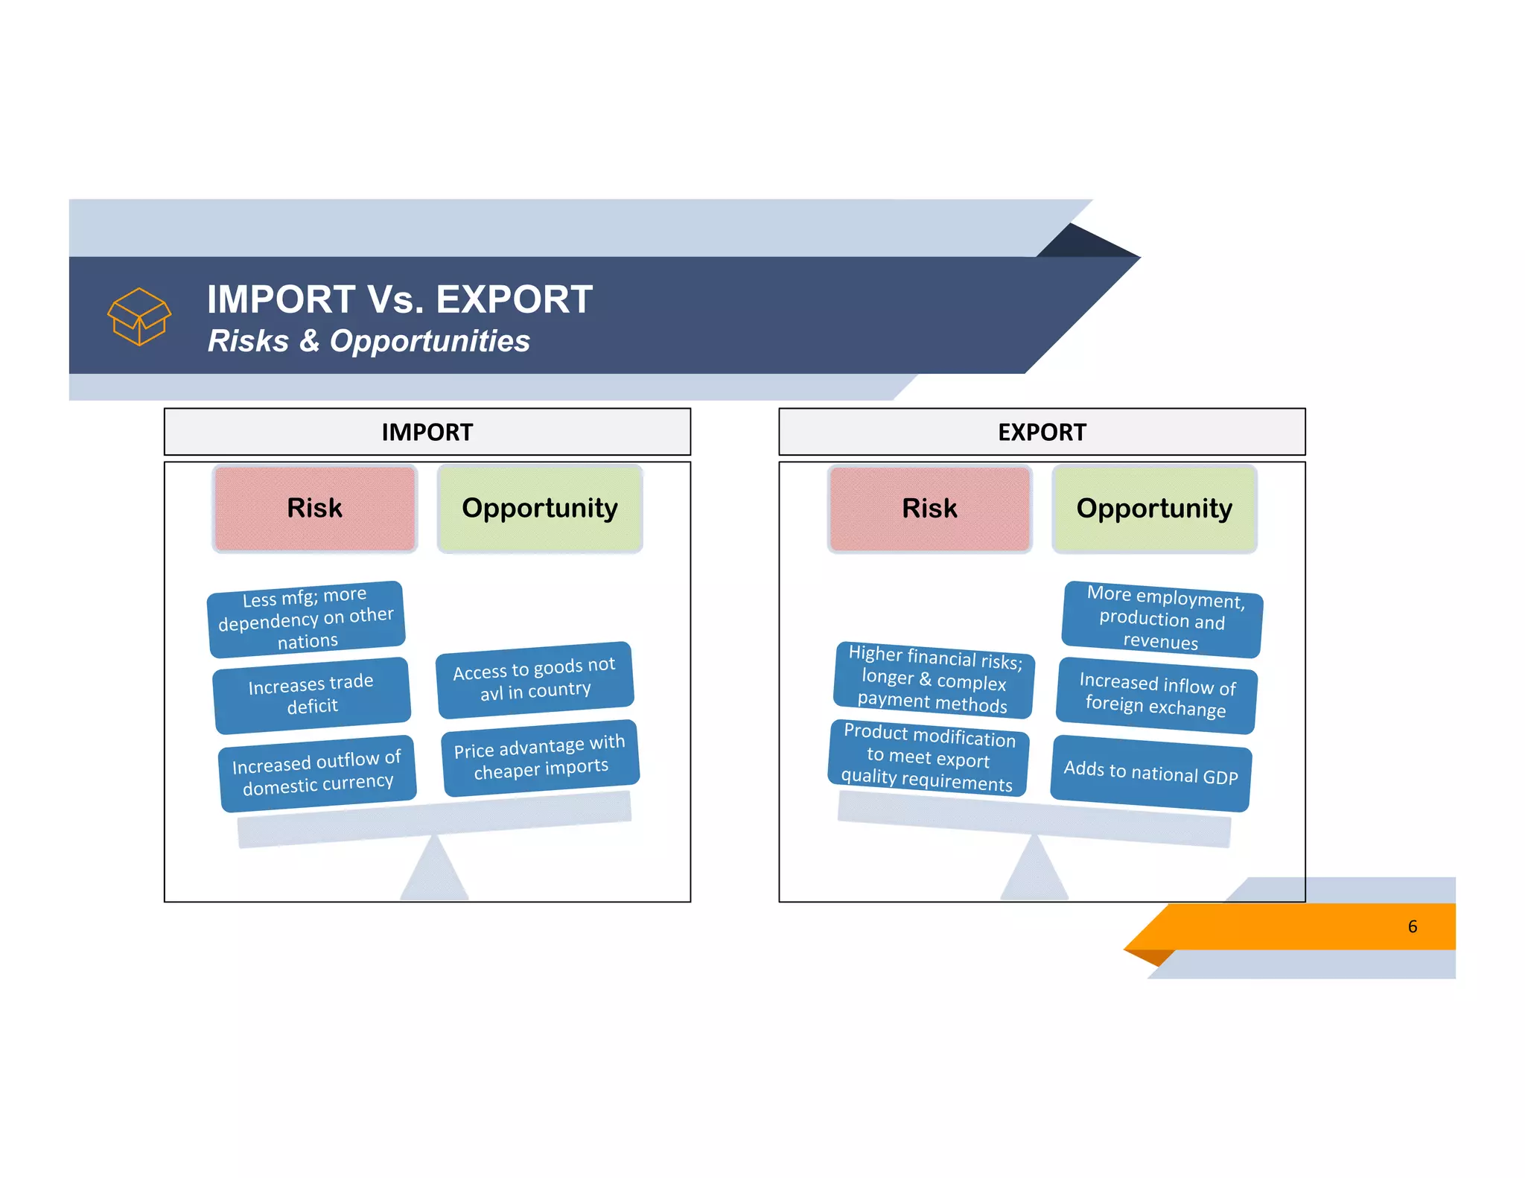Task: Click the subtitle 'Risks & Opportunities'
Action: [369, 341]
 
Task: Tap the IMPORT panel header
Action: [427, 432]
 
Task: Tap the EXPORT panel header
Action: [1041, 432]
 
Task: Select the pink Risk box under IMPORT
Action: [314, 509]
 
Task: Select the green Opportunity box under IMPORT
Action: [540, 509]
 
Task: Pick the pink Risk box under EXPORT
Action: [929, 509]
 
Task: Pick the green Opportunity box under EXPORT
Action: [1154, 509]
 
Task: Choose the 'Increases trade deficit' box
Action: [311, 695]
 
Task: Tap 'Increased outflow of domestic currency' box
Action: [317, 773]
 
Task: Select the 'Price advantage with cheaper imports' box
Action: [541, 757]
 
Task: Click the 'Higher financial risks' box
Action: [934, 679]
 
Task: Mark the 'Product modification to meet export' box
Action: [928, 757]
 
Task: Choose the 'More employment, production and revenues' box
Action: [1162, 619]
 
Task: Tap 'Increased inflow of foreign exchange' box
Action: [1156, 695]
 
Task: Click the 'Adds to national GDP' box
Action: [1150, 773]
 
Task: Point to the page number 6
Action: [1412, 926]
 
